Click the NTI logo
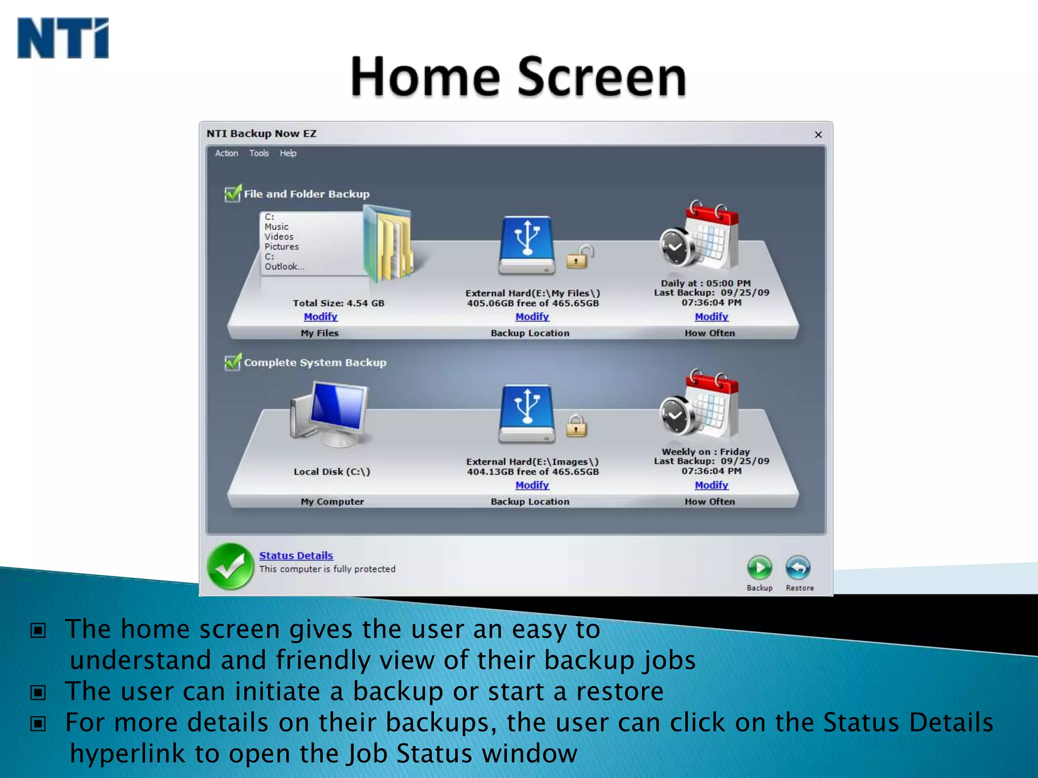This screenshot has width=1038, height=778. pyautogui.click(x=63, y=38)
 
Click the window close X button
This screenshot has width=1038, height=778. pyautogui.click(x=818, y=135)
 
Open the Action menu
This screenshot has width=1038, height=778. pyautogui.click(x=226, y=153)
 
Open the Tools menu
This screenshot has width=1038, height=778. pyautogui.click(x=258, y=153)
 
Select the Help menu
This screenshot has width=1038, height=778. pyautogui.click(x=288, y=153)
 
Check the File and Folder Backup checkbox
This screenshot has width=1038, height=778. pyautogui.click(x=233, y=193)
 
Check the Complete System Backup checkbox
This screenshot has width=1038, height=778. pyautogui.click(x=233, y=362)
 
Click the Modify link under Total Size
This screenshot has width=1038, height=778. pyautogui.click(x=320, y=317)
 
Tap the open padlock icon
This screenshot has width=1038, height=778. pyautogui.click(x=579, y=257)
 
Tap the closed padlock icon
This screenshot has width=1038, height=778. pyautogui.click(x=576, y=426)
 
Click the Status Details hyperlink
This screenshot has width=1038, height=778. pyautogui.click(x=296, y=556)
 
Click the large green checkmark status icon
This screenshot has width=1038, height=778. pyautogui.click(x=231, y=566)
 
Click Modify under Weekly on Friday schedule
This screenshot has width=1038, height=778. pyautogui.click(x=711, y=485)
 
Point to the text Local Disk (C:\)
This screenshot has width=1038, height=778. pyautogui.click(x=332, y=472)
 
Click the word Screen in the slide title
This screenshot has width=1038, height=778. pyautogui.click(x=602, y=77)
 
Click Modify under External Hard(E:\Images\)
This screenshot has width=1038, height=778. pyautogui.click(x=532, y=485)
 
